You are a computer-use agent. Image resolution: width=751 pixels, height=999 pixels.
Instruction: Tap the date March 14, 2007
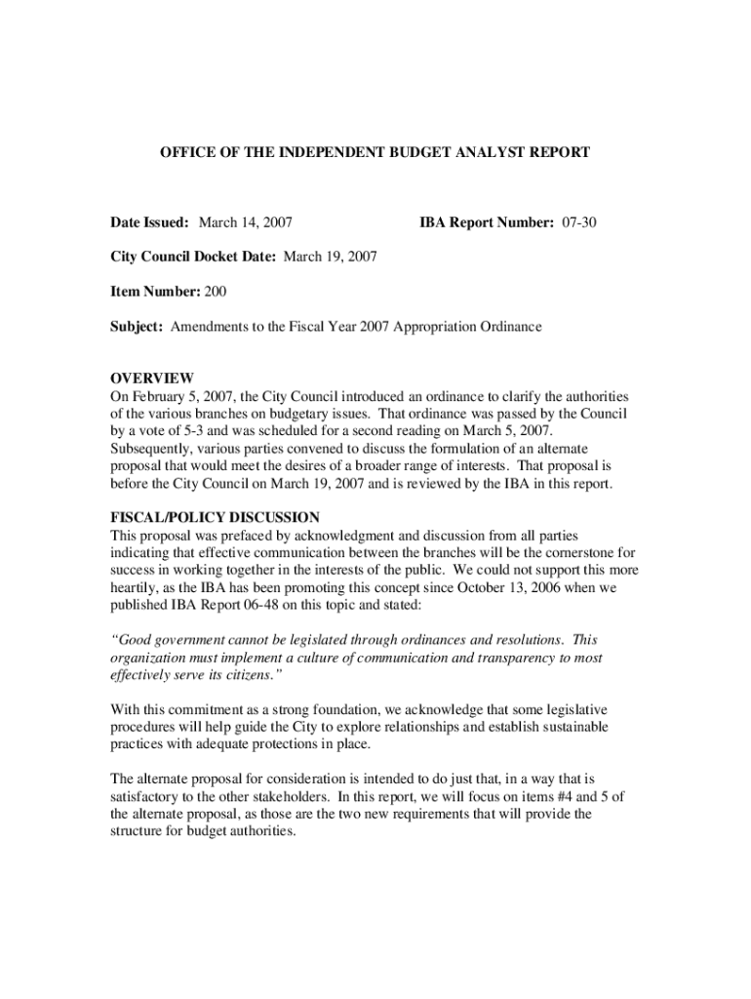[x=246, y=223]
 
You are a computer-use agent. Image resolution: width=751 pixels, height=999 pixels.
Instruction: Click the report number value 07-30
[x=578, y=223]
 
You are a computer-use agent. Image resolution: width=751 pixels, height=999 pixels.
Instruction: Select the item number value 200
[x=215, y=292]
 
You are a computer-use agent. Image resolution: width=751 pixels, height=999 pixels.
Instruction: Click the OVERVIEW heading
[x=152, y=379]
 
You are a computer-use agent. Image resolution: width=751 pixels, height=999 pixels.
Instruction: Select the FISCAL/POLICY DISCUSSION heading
[x=215, y=517]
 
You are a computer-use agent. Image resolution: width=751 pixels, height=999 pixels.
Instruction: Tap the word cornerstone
[x=577, y=552]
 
